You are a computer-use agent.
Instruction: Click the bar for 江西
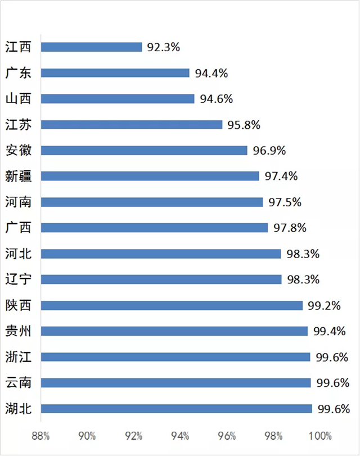pos(91,47)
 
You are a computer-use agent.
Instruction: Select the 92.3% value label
pos(163,47)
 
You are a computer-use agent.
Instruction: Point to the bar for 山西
pos(117,99)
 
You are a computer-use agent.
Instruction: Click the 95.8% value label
pos(244,125)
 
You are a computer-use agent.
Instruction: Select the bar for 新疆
pos(150,177)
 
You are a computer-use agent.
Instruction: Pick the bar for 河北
pos(160,254)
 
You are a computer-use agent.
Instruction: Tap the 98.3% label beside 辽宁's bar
pos(303,280)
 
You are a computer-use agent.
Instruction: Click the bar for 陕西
pos(172,306)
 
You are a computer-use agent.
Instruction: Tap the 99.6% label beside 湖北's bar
pos(333,409)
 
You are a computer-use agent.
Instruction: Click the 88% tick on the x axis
pos(40,436)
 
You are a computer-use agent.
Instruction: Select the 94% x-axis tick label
pos(181,436)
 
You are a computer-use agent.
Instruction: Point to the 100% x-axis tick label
pos(320,436)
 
